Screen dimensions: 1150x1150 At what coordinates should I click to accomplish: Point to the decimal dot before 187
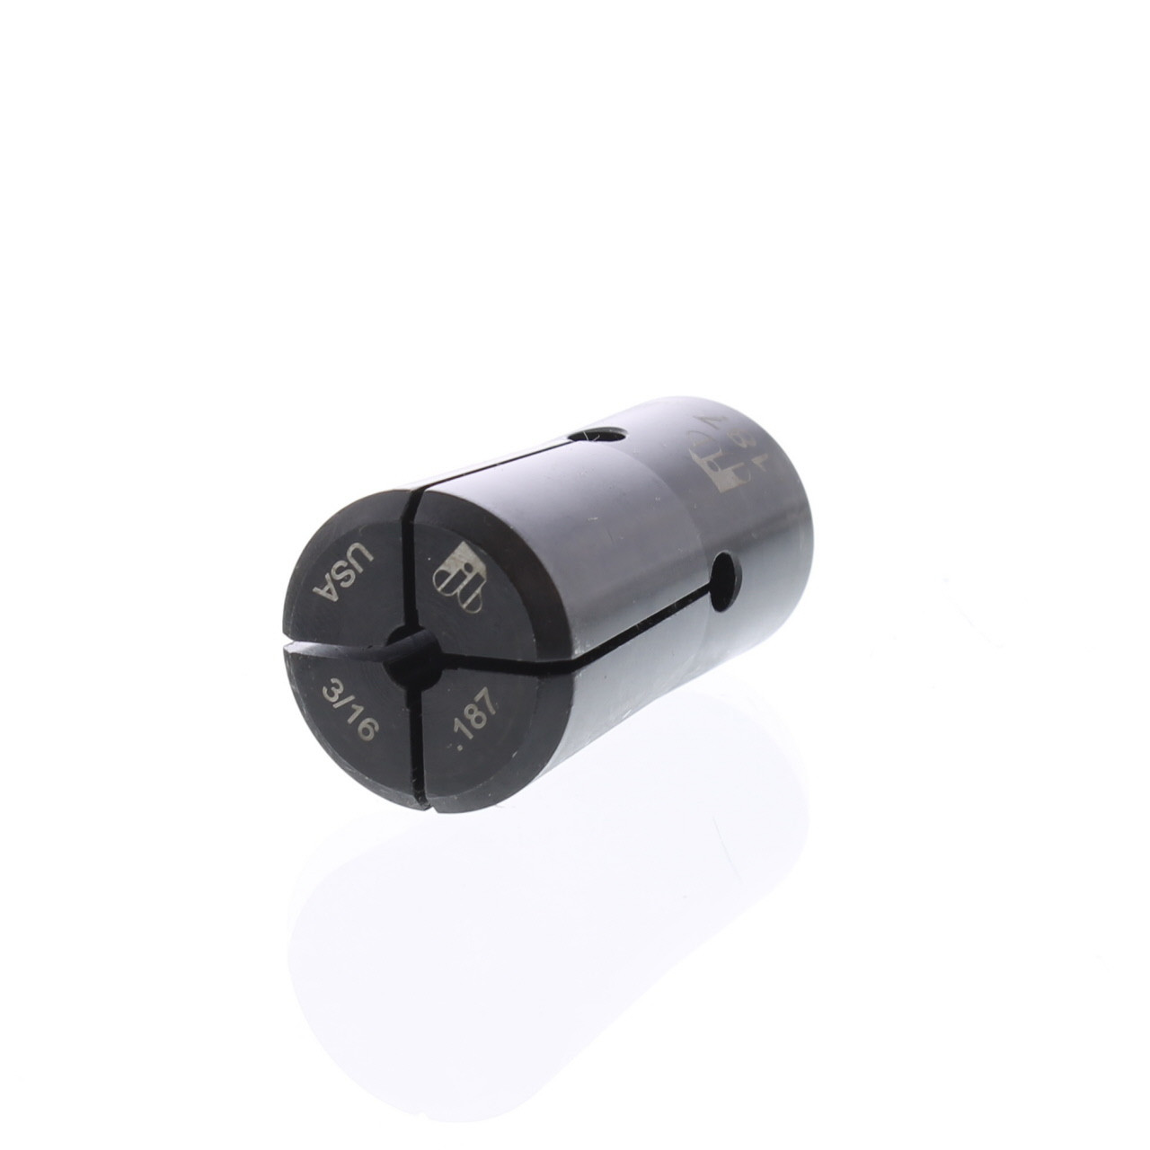point(456,744)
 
